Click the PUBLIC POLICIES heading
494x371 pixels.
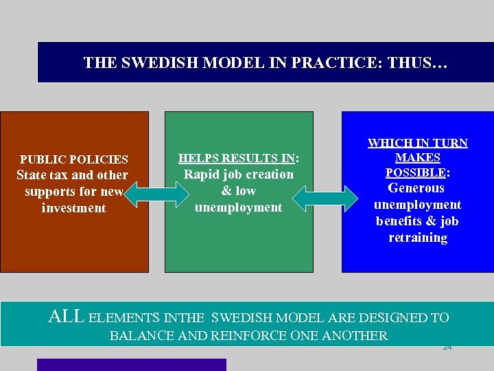click(x=74, y=159)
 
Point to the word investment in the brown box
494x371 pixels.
click(x=74, y=207)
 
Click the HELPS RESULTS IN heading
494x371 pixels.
click(x=237, y=158)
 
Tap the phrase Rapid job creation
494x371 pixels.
click(x=238, y=175)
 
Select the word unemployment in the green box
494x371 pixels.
click(x=238, y=207)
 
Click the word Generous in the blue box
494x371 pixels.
click(x=416, y=188)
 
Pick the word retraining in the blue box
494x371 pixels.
click(x=417, y=238)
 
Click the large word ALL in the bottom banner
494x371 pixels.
click(x=67, y=317)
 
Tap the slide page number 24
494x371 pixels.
click(x=447, y=348)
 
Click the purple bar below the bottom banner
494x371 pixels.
click(x=131, y=365)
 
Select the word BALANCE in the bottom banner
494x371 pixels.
click(x=141, y=336)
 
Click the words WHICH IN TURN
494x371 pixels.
click(x=417, y=143)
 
